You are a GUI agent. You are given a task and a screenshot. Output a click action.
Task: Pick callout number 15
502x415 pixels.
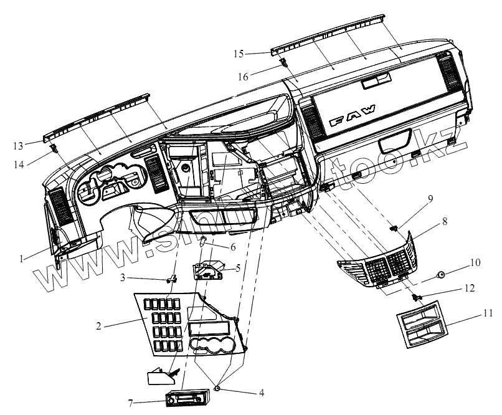point(239,54)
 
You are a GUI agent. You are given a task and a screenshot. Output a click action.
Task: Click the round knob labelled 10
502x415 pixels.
point(440,274)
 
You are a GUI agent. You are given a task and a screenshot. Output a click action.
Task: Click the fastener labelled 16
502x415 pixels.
point(282,62)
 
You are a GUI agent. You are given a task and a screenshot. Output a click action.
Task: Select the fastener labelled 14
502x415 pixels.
point(55,148)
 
